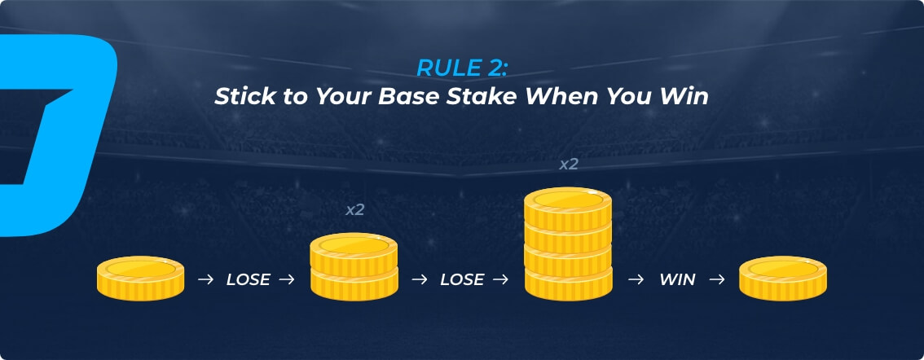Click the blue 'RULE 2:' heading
tap(461, 68)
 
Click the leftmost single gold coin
tap(140, 278)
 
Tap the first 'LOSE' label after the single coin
tap(248, 280)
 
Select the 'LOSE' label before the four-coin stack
tap(462, 280)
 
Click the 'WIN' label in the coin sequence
tap(678, 280)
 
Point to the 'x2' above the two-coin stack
tap(354, 210)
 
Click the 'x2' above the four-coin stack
tap(569, 165)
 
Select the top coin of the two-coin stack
tap(354, 253)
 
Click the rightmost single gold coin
tap(782, 278)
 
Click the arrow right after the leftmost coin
tap(205, 280)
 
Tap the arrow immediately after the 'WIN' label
tap(717, 280)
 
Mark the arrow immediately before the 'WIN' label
tap(636, 280)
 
